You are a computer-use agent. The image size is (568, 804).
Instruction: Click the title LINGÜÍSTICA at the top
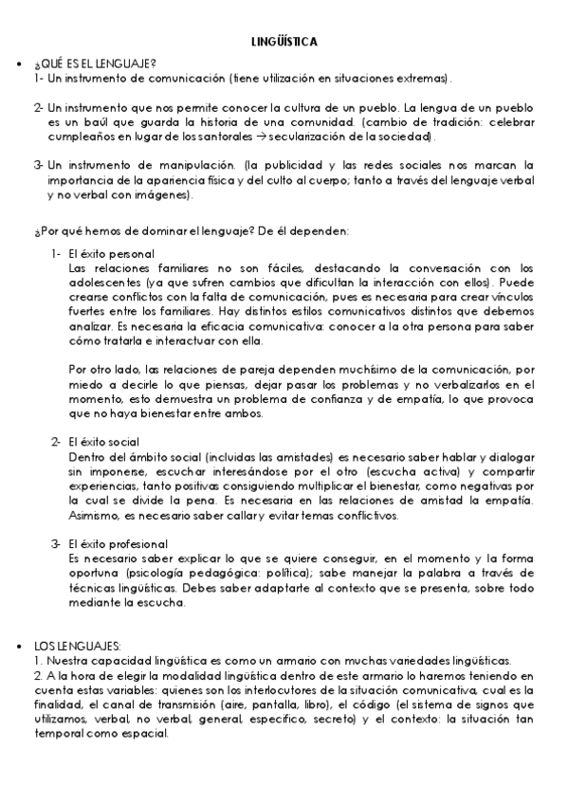click(x=284, y=43)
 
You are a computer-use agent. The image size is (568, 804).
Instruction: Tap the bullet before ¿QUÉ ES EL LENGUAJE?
click(x=19, y=64)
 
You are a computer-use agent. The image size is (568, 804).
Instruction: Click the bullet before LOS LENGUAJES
click(x=19, y=646)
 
